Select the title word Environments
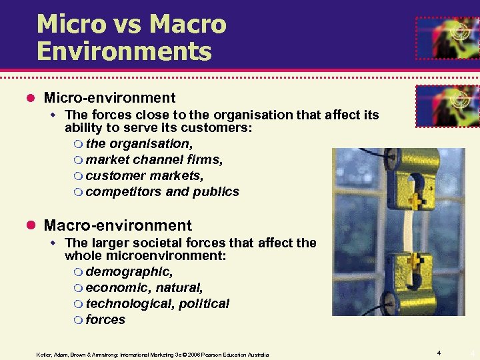tap(124, 51)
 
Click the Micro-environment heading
tap(109, 98)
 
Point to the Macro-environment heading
tap(117, 225)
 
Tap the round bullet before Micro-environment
tap(30, 99)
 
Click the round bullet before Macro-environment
tap(30, 226)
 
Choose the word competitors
tap(123, 191)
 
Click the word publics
tap(216, 191)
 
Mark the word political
tap(203, 303)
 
